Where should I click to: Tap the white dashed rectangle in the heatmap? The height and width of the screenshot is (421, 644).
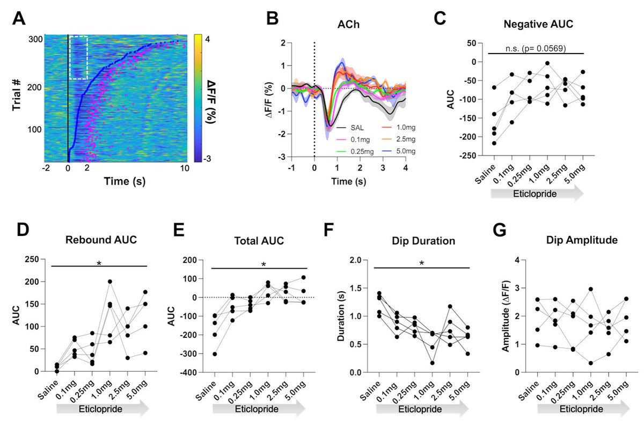[78, 58]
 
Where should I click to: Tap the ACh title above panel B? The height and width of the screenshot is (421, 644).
[343, 25]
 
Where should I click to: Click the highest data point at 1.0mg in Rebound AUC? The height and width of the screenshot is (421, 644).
[110, 282]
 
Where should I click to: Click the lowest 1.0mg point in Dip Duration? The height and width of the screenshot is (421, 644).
[432, 363]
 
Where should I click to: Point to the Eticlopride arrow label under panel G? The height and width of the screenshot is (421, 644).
[577, 409]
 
